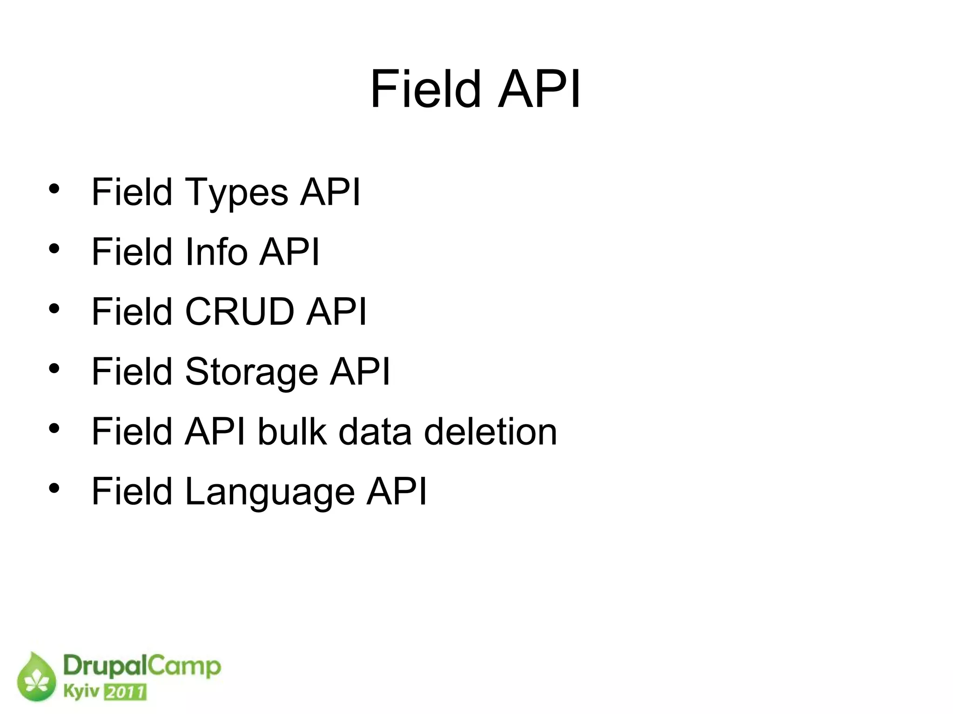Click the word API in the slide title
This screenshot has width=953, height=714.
click(540, 89)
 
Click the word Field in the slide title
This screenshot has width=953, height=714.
click(425, 89)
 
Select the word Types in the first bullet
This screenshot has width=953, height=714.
click(236, 193)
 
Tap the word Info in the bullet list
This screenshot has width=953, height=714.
click(216, 252)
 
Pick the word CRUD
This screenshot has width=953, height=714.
click(240, 312)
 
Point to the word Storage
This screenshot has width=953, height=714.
click(251, 372)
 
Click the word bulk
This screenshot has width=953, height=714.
click(292, 432)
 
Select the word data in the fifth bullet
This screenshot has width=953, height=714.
click(375, 432)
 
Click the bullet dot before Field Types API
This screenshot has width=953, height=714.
click(54, 189)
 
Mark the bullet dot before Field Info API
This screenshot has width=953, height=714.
click(54, 249)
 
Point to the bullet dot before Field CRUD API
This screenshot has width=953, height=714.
click(54, 308)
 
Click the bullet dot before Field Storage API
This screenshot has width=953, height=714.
click(54, 368)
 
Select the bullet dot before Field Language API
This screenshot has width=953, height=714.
click(54, 488)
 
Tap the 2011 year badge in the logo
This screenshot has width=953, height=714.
click(125, 692)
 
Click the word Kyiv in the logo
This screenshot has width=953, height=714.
click(81, 691)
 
